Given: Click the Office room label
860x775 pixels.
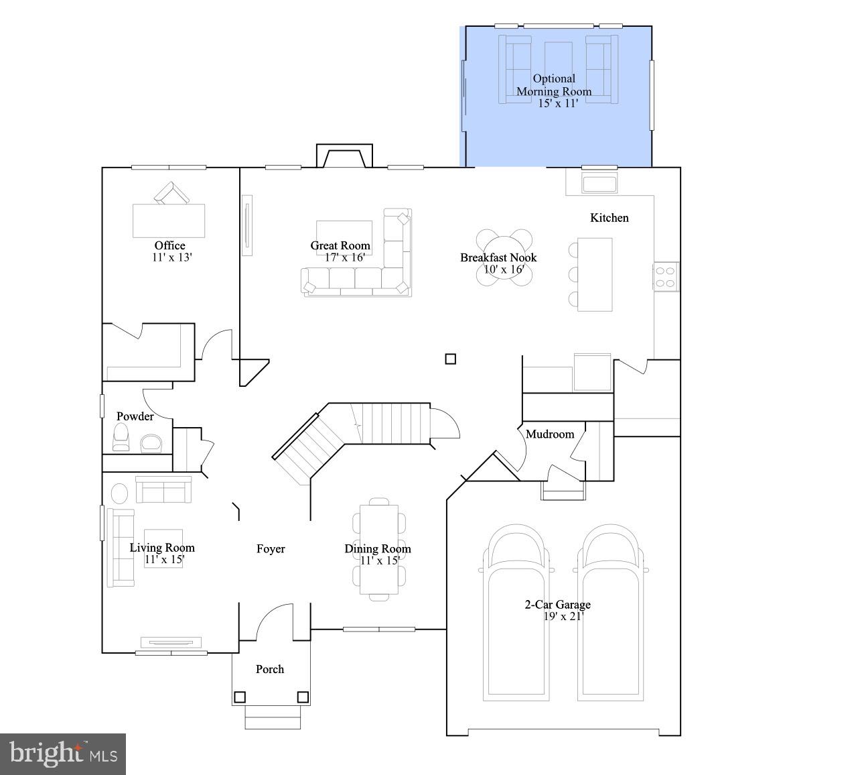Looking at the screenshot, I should [x=169, y=245].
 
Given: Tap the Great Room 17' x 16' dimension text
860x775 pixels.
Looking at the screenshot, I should [x=344, y=257].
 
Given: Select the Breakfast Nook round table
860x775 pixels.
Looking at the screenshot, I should [x=504, y=257].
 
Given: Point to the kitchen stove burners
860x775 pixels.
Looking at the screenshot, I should [x=666, y=277].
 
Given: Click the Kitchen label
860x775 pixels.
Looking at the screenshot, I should [x=609, y=218].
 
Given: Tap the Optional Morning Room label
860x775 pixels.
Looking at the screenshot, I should [x=554, y=85].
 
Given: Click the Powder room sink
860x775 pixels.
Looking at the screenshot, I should [x=151, y=442].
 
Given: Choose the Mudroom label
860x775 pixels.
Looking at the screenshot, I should [x=550, y=434].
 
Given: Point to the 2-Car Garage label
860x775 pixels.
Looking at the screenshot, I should [x=557, y=605].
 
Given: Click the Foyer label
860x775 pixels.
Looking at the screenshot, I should [x=271, y=549].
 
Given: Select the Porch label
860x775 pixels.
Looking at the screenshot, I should [x=270, y=669].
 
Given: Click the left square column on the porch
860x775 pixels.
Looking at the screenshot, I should [x=240, y=697].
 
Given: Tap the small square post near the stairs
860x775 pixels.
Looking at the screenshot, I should [x=451, y=359].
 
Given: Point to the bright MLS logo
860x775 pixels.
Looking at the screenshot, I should [x=63, y=754].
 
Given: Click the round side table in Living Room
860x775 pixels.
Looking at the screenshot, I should [x=119, y=493].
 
